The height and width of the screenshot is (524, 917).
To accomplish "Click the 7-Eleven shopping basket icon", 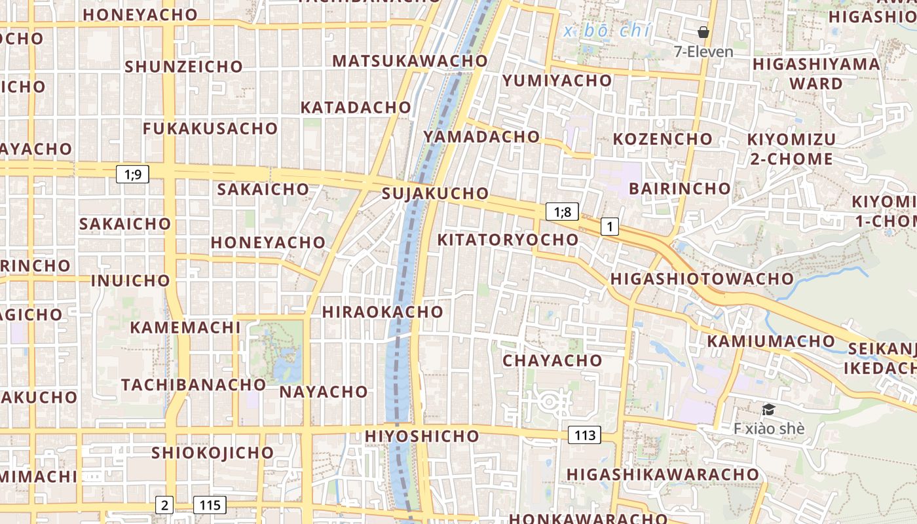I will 703,32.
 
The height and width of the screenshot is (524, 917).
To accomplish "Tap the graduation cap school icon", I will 768,410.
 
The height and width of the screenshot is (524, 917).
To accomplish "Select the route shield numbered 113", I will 584,435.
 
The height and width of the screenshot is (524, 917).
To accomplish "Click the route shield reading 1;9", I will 132,174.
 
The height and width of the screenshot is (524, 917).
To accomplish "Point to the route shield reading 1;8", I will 562,212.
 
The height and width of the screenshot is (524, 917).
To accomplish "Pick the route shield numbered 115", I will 210,505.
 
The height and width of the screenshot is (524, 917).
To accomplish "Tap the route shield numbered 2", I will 164,505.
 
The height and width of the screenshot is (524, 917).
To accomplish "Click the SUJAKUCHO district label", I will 435,193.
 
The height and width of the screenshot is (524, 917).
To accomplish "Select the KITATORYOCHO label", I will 508,240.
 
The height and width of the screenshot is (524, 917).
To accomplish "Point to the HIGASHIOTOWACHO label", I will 702,279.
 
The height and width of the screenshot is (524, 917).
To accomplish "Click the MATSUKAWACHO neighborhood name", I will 410,61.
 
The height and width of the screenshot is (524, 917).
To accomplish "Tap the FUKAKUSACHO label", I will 210,128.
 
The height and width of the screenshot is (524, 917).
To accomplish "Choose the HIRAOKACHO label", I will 383,312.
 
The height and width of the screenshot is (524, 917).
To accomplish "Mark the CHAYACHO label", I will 552,360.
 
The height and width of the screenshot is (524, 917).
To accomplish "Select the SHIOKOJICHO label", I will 212,453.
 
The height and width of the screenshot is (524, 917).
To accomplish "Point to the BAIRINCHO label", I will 679,189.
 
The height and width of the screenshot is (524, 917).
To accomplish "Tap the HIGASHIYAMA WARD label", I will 816,73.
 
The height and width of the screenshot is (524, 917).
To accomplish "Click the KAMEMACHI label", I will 185,327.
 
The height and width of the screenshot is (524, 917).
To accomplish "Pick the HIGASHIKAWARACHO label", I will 663,474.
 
